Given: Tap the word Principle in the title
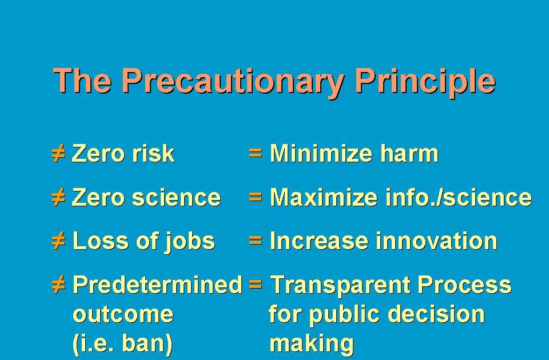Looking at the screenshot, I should (424, 82).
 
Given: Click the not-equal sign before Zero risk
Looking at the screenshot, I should (59, 154).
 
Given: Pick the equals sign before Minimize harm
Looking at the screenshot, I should (256, 154).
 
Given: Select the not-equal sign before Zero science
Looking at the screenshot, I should (59, 198).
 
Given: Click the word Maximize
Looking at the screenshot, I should (323, 198).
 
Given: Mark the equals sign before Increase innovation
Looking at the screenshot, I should (256, 241).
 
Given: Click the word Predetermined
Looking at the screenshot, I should (158, 285).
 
